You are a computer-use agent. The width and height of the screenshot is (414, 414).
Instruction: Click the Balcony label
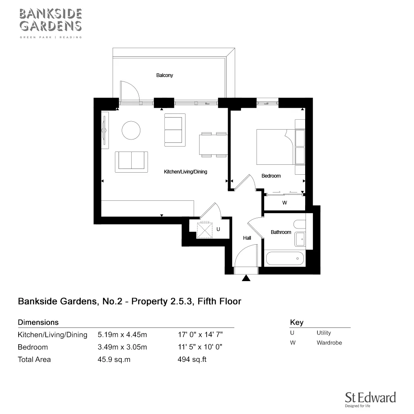click(x=164, y=75)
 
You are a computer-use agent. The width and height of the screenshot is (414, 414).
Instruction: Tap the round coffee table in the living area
click(x=132, y=130)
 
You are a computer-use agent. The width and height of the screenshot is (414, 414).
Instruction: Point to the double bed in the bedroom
click(x=275, y=147)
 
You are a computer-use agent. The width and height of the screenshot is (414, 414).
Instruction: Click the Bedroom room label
click(x=271, y=176)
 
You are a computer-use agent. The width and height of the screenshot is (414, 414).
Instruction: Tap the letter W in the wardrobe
click(x=284, y=203)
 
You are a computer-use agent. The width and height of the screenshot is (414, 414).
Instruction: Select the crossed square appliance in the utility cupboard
click(x=204, y=230)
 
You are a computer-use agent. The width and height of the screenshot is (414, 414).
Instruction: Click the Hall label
click(x=247, y=238)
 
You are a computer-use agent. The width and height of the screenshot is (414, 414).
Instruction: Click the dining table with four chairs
click(x=213, y=144)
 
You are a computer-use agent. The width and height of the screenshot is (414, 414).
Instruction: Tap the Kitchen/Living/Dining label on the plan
click(x=185, y=172)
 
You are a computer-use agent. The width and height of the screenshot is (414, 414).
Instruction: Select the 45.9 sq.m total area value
click(x=114, y=359)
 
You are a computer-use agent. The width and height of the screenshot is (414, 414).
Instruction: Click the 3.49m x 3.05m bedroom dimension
click(x=122, y=347)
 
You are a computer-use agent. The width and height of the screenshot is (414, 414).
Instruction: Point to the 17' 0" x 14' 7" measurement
click(x=200, y=335)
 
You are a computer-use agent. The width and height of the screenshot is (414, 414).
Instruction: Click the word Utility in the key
click(x=324, y=333)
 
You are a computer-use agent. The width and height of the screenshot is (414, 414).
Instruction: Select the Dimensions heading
click(x=38, y=322)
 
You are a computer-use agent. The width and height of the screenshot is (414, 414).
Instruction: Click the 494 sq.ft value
click(x=192, y=359)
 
